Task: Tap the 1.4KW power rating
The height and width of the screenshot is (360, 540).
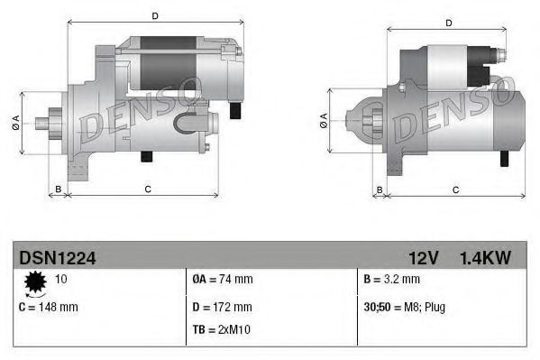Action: (484, 258)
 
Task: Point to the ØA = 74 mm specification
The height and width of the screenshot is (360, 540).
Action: (223, 280)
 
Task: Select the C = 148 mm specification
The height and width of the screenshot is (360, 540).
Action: (49, 307)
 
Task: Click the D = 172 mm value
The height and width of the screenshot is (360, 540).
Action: (223, 307)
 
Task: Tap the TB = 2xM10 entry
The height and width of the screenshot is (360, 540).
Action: (222, 329)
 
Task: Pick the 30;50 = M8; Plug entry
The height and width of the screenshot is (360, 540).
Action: (404, 307)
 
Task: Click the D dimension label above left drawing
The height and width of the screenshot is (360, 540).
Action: (155, 15)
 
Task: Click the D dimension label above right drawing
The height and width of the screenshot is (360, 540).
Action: (448, 23)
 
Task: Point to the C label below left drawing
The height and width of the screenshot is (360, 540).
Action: (147, 189)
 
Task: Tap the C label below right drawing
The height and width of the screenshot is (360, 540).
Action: (455, 189)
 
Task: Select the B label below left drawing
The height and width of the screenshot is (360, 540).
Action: (59, 189)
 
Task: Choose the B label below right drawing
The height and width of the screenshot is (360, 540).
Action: (380, 189)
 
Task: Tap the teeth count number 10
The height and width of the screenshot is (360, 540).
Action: (60, 280)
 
